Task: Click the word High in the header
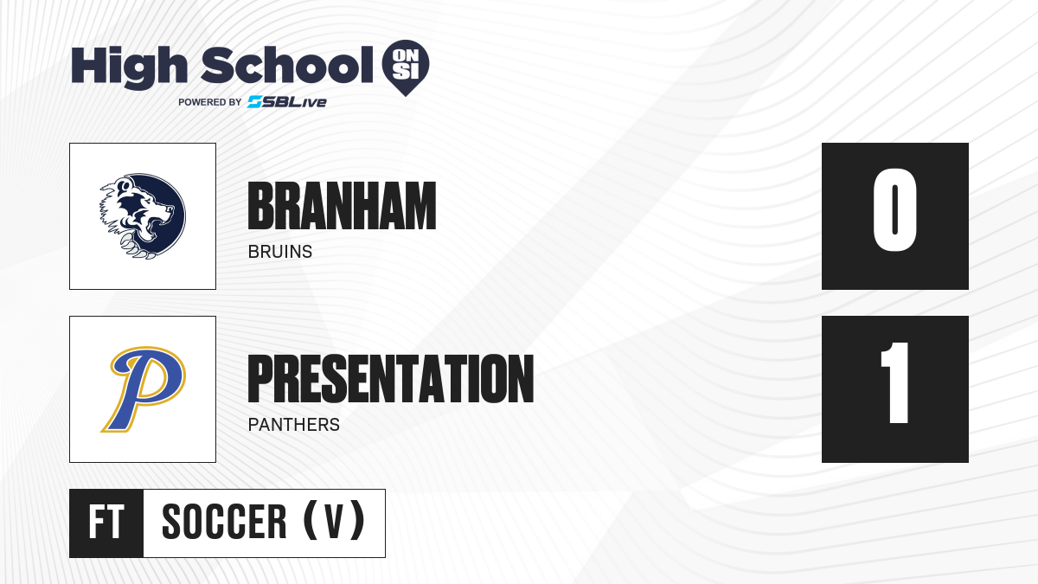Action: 129,67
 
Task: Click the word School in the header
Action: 287,65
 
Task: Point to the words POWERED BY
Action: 210,102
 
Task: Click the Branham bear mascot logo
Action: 143,216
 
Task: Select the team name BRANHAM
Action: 342,206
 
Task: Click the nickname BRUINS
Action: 280,252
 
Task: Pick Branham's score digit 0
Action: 894,209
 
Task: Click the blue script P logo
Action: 144,388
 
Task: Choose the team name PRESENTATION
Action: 391,379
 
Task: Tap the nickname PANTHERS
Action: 294,425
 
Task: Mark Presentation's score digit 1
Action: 894,382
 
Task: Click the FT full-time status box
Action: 106,523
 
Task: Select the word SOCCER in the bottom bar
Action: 224,522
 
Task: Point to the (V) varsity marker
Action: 334,522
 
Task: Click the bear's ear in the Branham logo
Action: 125,185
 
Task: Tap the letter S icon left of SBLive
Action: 254,102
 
